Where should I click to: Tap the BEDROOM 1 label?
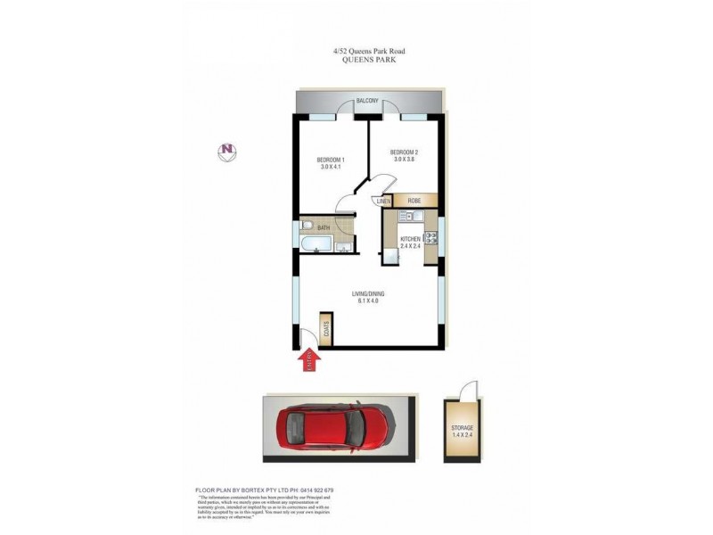click(330, 160)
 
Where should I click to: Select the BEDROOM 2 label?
click(404, 152)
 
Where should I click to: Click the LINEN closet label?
click(384, 202)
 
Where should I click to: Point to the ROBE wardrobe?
click(415, 202)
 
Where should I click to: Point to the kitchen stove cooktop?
click(431, 238)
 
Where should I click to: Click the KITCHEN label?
click(410, 240)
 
